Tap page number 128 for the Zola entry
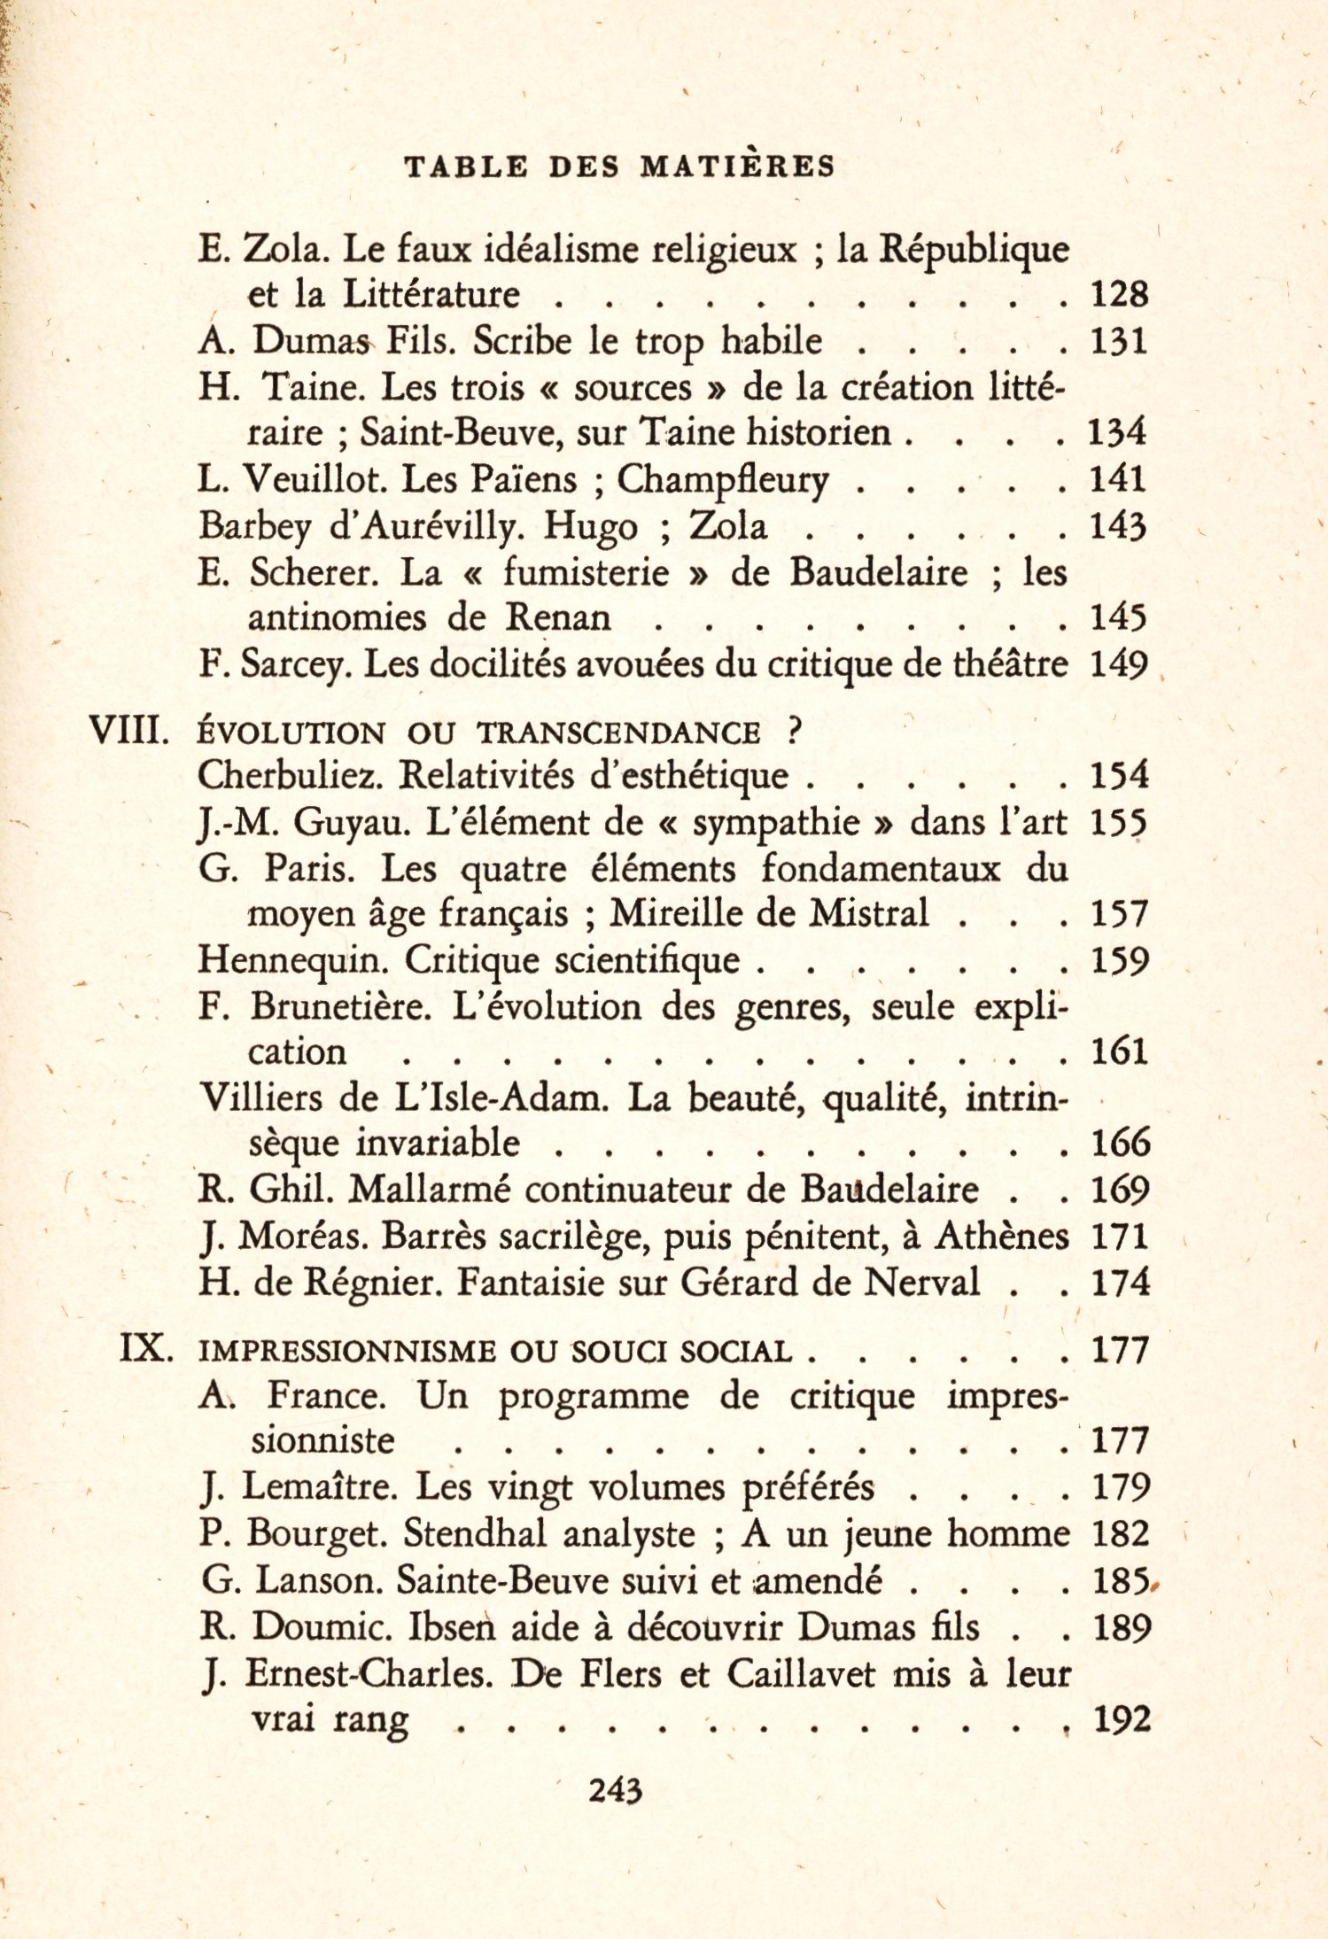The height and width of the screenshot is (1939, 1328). point(1119,294)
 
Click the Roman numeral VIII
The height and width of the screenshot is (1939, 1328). point(129,732)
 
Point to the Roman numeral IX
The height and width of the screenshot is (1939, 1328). point(145,1350)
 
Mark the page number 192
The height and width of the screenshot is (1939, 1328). point(1122,1719)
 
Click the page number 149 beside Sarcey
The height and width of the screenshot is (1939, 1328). point(1120,664)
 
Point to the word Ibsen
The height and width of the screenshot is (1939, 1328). point(456,1627)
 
